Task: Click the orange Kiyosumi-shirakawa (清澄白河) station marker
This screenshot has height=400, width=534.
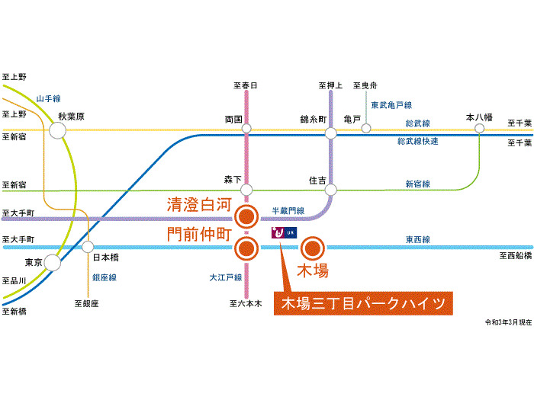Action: point(246,216)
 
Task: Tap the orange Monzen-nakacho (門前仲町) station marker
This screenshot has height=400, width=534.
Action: point(246,248)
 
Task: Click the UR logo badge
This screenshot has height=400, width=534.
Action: point(284,232)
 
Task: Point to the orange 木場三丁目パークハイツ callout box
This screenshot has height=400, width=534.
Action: point(363,303)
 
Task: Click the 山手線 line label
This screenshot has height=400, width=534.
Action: point(49,98)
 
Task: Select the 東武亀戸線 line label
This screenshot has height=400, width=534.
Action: point(391,105)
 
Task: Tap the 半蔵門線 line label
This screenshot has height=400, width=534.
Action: point(288,211)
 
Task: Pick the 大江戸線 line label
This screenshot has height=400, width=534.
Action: point(226,277)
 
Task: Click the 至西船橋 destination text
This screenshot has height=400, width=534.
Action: point(516,255)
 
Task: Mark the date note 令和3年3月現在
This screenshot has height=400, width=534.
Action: point(509,322)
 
